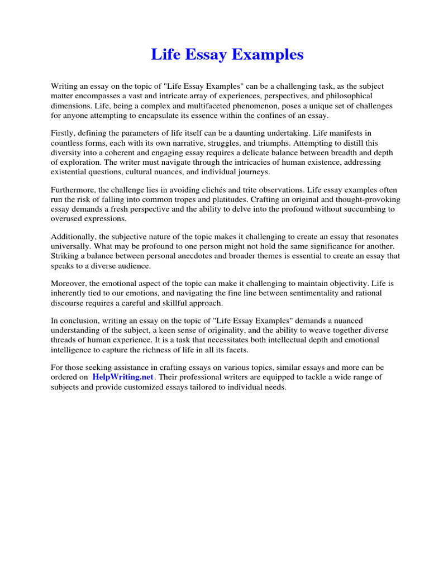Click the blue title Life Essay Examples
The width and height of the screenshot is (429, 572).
(227, 55)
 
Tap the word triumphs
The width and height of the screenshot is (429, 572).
(227, 143)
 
